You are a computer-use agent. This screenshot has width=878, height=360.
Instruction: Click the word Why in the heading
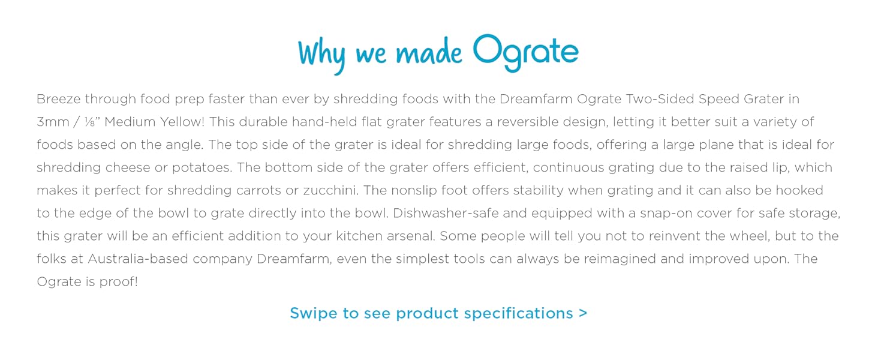[322, 56]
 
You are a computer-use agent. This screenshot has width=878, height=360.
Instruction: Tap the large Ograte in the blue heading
[525, 53]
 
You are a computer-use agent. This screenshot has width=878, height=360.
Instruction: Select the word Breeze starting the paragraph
[58, 99]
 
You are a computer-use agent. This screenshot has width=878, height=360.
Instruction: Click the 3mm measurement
[53, 122]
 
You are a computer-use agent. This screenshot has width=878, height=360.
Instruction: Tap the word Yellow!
[182, 122]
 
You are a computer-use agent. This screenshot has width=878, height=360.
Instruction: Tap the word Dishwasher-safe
[446, 214]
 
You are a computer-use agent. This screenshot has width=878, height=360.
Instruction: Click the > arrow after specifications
[583, 313]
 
